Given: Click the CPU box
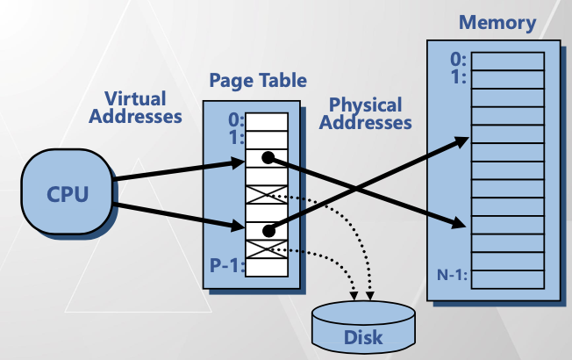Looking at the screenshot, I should pyautogui.click(x=68, y=192).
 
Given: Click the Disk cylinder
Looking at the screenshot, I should pyautogui.click(x=363, y=326).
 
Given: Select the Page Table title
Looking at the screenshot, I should pyautogui.click(x=258, y=81).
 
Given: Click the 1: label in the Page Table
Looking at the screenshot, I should pyautogui.click(x=233, y=138).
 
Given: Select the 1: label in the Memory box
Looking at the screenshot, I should pyautogui.click(x=458, y=76).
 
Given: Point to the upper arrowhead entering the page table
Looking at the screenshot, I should pyautogui.click(x=237, y=162).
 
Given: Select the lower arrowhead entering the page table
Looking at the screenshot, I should pyautogui.click(x=237, y=228).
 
